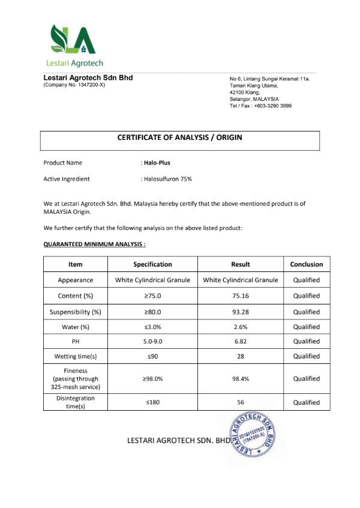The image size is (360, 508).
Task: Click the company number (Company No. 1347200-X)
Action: point(74,85)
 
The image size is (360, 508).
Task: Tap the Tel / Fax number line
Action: point(260,106)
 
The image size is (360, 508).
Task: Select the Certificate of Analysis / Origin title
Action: point(180,138)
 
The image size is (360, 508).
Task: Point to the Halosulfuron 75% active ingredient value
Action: point(167,179)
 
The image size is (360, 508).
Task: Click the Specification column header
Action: point(152,264)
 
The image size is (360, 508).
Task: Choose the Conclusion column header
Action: point(306,264)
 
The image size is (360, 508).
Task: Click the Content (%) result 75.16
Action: point(241,296)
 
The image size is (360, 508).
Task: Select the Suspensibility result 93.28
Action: point(241,312)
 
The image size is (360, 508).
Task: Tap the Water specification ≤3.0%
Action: point(152,327)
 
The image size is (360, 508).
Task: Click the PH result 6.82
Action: point(241,342)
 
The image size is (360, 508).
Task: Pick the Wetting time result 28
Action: point(241,357)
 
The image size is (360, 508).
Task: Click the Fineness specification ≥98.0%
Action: point(152,379)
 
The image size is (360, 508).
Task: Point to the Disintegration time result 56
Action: point(241,402)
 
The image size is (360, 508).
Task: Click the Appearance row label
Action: point(75,280)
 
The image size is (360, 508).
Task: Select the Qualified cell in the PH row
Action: point(306,342)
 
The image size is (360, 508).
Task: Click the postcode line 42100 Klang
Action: point(245,92)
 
